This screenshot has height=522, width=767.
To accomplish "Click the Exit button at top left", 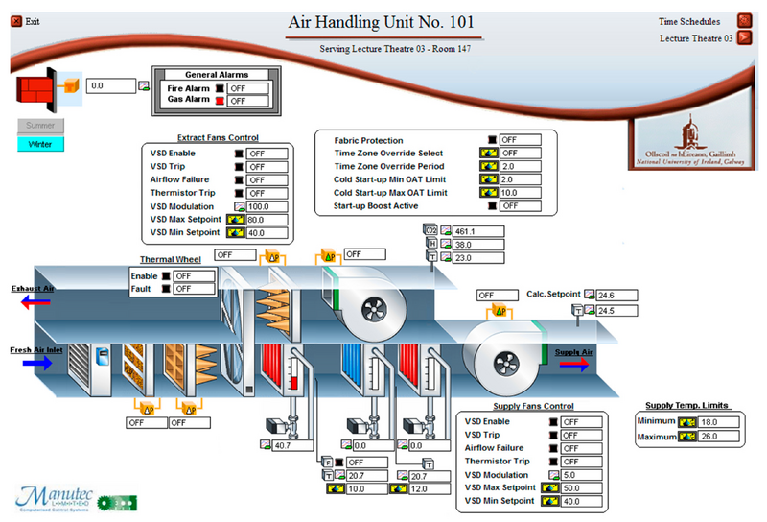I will tap(26, 20).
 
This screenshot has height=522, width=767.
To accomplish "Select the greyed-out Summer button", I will tap(39, 126).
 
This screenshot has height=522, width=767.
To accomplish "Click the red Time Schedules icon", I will tap(744, 20).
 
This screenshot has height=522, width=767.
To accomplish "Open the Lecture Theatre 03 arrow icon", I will tap(744, 38).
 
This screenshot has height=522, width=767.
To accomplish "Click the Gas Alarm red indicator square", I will tap(220, 100).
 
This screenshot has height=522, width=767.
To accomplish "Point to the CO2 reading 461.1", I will tap(475, 231).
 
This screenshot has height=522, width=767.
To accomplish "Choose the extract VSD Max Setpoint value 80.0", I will tap(267, 220).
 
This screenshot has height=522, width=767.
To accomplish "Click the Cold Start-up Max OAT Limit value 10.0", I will tap(520, 193).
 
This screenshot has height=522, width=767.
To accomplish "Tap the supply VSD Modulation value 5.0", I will tap(583, 475).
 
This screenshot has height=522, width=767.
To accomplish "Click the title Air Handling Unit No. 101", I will tap(383, 22).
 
